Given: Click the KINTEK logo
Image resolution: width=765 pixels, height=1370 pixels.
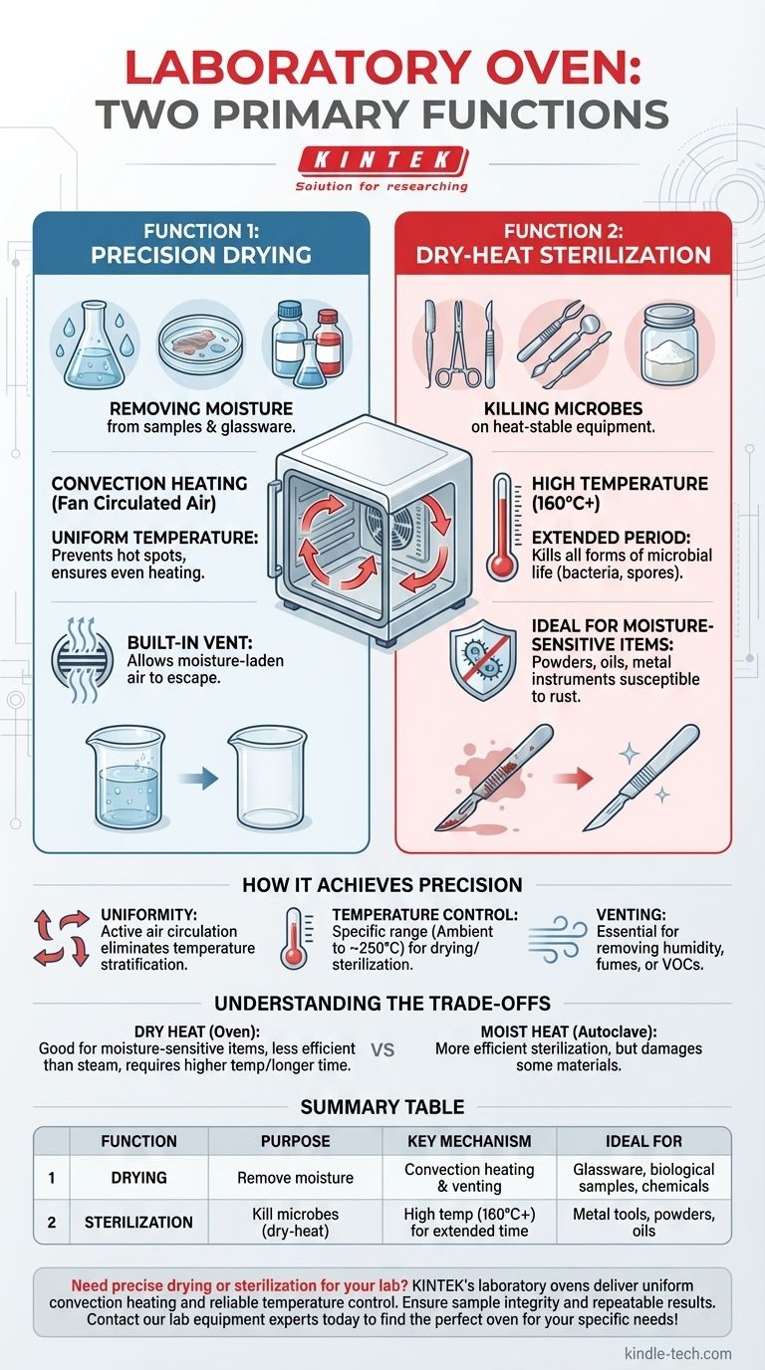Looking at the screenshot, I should pyautogui.click(x=382, y=160).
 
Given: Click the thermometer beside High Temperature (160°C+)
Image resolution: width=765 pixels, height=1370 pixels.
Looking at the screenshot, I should pyautogui.click(x=502, y=527).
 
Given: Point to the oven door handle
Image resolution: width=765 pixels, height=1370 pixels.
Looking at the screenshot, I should pyautogui.click(x=272, y=529).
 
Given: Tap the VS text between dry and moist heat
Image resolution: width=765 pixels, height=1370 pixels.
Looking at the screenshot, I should pyautogui.click(x=382, y=1049).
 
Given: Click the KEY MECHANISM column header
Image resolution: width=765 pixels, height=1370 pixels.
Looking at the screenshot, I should pyautogui.click(x=469, y=1141).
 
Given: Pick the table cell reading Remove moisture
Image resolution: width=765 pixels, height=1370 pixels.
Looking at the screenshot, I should pyautogui.click(x=295, y=1178).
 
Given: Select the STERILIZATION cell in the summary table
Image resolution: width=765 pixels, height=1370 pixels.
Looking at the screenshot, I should pyautogui.click(x=138, y=1222).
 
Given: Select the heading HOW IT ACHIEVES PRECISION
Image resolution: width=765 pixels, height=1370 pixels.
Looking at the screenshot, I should pyautogui.click(x=382, y=884).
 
